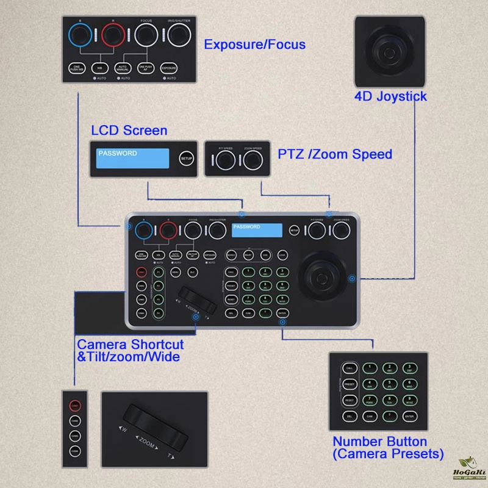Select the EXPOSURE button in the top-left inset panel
pos(169,69)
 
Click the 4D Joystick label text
pos(390,96)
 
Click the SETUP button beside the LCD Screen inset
pos(186,159)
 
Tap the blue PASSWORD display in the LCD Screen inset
pos(132,158)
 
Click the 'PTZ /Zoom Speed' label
pos(335,154)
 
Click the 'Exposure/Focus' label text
pos(254,45)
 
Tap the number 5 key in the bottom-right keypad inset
pos(388,384)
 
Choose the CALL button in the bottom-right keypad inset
pos(350,369)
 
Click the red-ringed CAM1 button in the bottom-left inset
pos(74,404)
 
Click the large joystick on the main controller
pos(323,276)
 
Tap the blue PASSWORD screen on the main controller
pos(257,230)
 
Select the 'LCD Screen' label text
pos(129,130)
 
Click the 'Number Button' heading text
pos(379,441)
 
